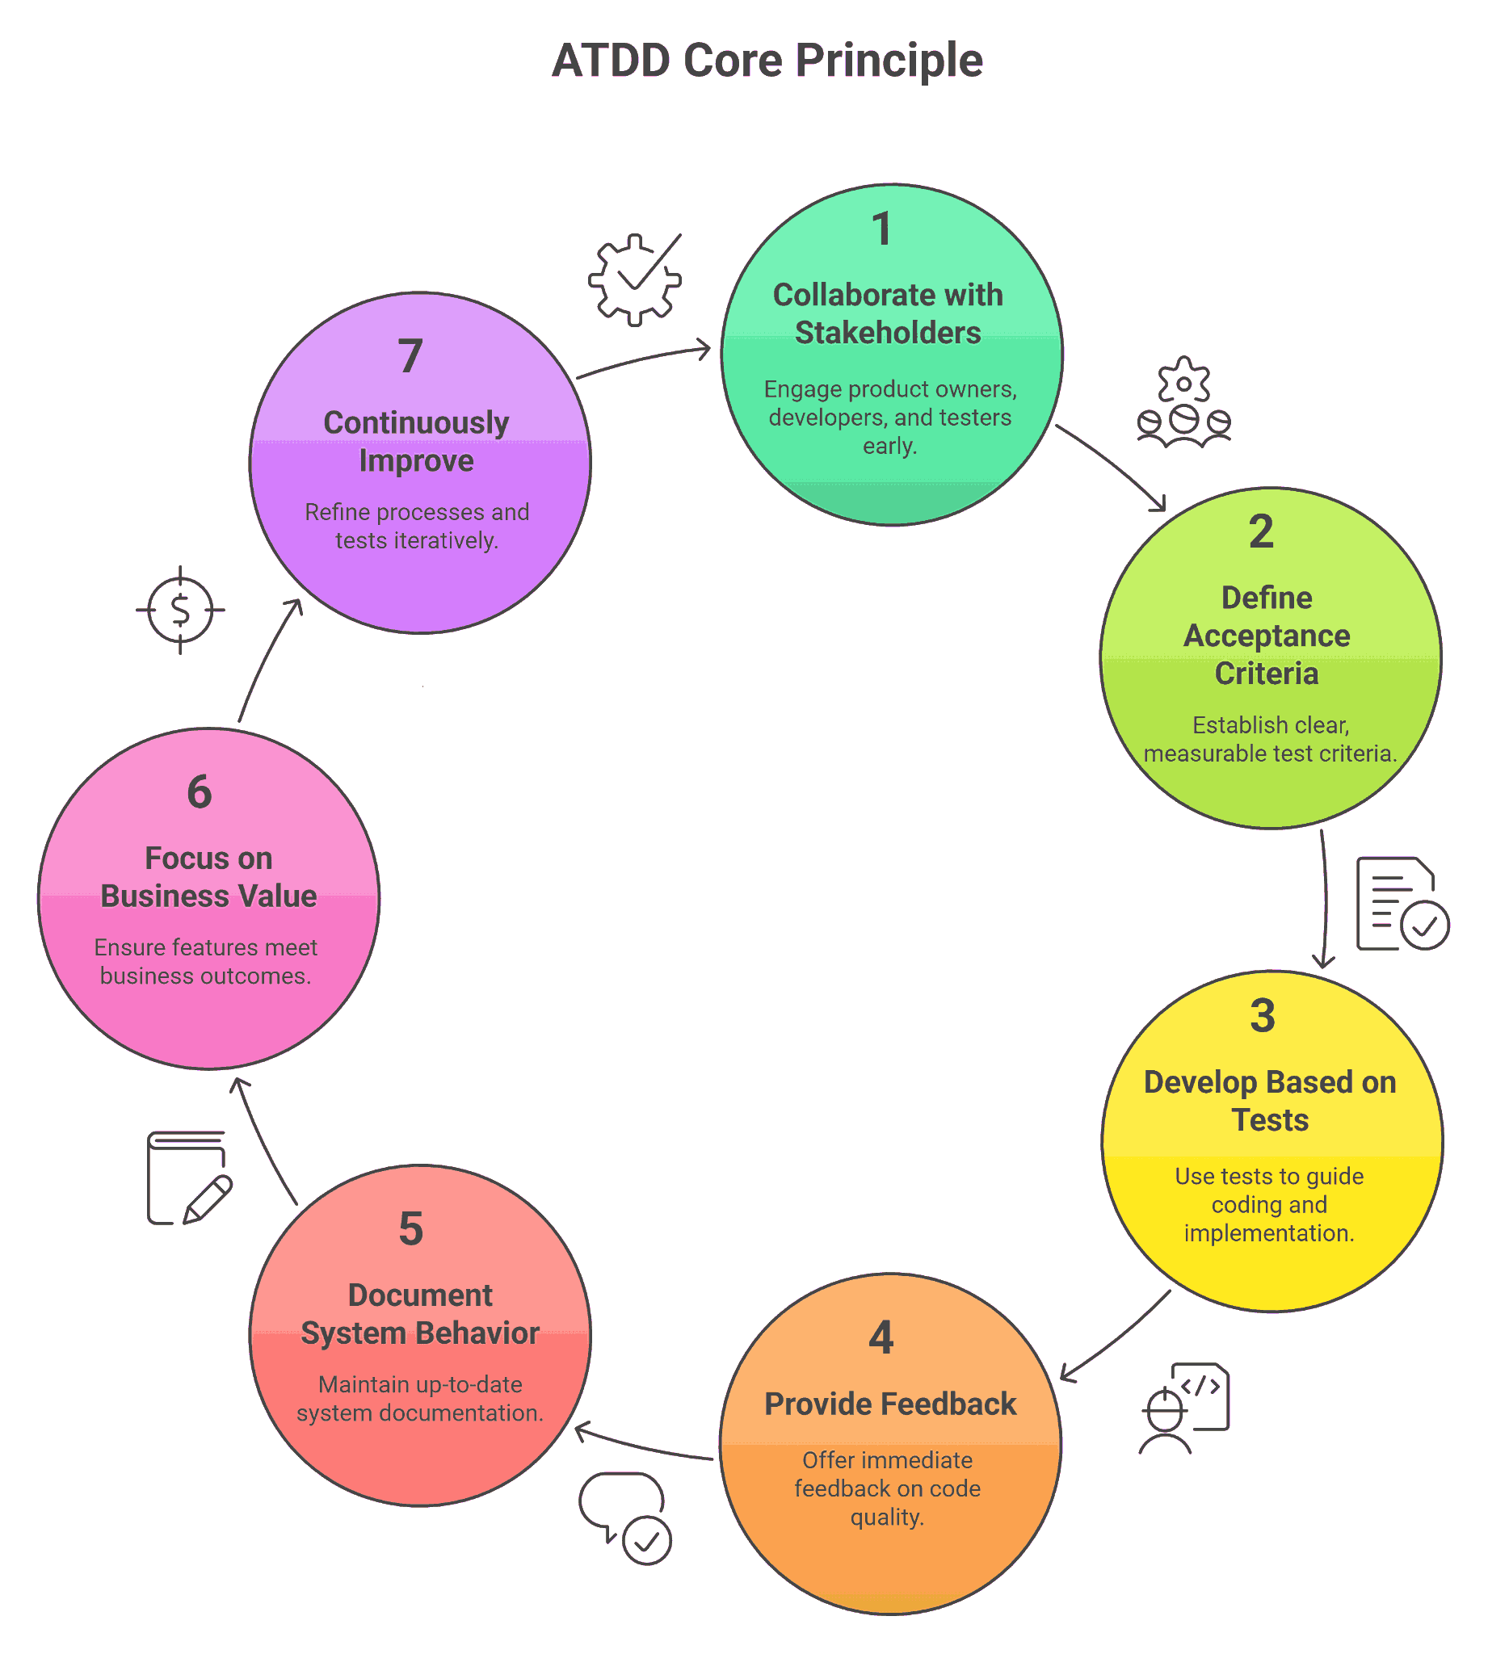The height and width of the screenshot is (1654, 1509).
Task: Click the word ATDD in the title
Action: pyautogui.click(x=610, y=61)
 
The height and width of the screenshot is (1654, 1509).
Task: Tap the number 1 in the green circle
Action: pyautogui.click(x=882, y=229)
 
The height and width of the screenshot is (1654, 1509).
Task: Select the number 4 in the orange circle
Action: pyautogui.click(x=881, y=1338)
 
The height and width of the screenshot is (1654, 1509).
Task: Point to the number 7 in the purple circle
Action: pyautogui.click(x=410, y=356)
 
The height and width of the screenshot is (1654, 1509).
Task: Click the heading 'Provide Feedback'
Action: pyautogui.click(x=890, y=1404)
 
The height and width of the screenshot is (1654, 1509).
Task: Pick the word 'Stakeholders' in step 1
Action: pyautogui.click(x=888, y=333)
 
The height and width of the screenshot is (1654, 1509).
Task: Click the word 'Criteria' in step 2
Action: pyautogui.click(x=1266, y=674)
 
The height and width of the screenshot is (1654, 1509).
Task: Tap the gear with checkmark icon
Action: pyautogui.click(x=634, y=279)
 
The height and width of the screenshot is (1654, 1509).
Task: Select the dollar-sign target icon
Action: pyautogui.click(x=180, y=611)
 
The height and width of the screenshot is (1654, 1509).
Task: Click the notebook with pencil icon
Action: pyautogui.click(x=188, y=1178)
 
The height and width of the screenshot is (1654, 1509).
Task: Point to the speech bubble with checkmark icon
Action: pyautogui.click(x=625, y=1518)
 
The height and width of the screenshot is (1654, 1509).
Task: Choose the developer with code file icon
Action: pyautogui.click(x=1185, y=1408)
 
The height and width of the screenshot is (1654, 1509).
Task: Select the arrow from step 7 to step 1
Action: pyautogui.click(x=643, y=360)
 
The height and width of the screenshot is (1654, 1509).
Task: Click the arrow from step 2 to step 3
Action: pyautogui.click(x=1325, y=898)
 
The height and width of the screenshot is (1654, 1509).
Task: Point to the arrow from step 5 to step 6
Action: pyautogui.click(x=263, y=1140)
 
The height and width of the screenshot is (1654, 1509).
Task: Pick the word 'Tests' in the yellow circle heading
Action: pyautogui.click(x=1269, y=1121)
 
